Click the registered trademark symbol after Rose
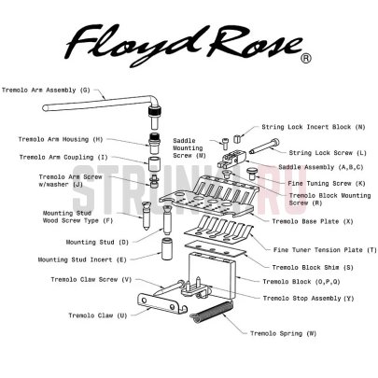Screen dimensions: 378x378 click(305, 57)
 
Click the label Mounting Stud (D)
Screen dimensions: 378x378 click(96, 242)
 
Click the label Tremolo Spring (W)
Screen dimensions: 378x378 click(281, 332)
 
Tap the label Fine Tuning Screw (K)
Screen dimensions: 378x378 click(313, 183)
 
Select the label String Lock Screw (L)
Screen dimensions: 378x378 click(314, 151)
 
